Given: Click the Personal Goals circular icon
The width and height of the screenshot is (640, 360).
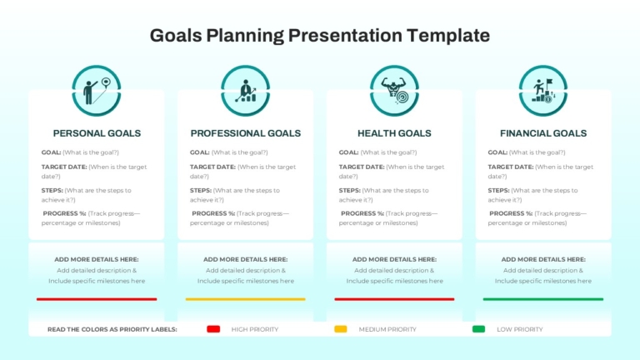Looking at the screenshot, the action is [x=97, y=91].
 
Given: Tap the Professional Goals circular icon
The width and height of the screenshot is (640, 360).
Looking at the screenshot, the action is [x=245, y=91].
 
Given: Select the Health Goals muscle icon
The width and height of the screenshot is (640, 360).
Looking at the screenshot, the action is [x=394, y=91].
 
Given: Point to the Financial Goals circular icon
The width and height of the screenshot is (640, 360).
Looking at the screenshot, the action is [x=543, y=91].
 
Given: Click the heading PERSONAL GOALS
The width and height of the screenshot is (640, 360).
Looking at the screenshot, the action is [x=97, y=133].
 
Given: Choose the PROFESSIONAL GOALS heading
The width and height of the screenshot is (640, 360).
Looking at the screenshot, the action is [x=245, y=133].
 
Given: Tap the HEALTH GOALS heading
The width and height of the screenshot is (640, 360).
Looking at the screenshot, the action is [x=394, y=133].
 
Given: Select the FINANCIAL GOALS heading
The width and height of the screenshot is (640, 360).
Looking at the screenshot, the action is [x=543, y=133].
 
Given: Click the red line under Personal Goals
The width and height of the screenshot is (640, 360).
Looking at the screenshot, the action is [x=97, y=299].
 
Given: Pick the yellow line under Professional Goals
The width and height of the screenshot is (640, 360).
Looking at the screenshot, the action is [x=245, y=299].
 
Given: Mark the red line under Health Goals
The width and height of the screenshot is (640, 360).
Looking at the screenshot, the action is [x=394, y=299].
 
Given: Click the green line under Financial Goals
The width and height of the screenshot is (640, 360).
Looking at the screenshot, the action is [x=543, y=299].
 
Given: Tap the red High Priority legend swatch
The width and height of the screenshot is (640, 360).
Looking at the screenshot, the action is [x=213, y=329].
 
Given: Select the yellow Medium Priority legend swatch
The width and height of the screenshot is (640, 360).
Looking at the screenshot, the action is [x=341, y=329].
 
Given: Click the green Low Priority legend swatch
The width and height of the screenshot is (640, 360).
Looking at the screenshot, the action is [x=479, y=329].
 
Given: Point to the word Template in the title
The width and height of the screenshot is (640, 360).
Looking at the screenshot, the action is [x=448, y=36].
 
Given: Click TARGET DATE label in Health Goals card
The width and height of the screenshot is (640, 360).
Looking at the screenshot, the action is [x=362, y=167].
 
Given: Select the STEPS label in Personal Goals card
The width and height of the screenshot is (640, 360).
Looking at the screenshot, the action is [x=52, y=190].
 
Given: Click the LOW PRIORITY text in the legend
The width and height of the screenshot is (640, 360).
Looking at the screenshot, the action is [x=520, y=329].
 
